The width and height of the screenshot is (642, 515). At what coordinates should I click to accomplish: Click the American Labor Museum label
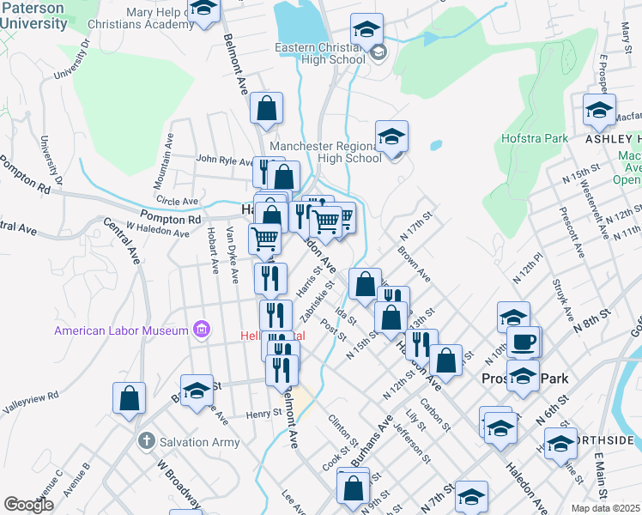(121, 330)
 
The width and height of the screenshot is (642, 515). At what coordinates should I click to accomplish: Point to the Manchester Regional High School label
(325, 152)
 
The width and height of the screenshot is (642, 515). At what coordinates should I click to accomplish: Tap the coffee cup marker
(524, 342)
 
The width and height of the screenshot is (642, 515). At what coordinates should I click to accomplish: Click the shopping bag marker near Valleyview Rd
(129, 398)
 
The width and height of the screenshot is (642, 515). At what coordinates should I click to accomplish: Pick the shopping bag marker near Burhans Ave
(354, 488)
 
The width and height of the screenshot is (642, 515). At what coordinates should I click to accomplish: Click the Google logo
(28, 505)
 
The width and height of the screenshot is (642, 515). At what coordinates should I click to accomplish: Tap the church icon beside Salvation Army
(146, 441)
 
